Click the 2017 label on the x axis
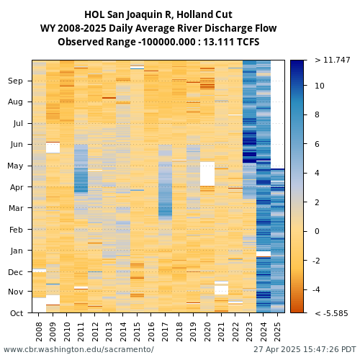(x=165, y=331)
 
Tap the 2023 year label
(x=249, y=331)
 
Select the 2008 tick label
(x=39, y=331)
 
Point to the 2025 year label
(x=277, y=331)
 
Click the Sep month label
(x=15, y=81)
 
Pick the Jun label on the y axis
(x=17, y=145)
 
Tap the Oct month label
(x=17, y=313)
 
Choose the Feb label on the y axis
(x=16, y=230)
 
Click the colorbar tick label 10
(x=320, y=86)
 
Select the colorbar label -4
(x=317, y=289)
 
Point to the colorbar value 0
(x=317, y=231)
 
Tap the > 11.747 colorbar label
(x=333, y=60)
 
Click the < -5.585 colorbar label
(x=331, y=313)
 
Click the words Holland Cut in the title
(x=204, y=14)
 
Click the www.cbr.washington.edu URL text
(x=78, y=349)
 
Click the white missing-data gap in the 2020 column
(x=207, y=174)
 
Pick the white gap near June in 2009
(x=53, y=148)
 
